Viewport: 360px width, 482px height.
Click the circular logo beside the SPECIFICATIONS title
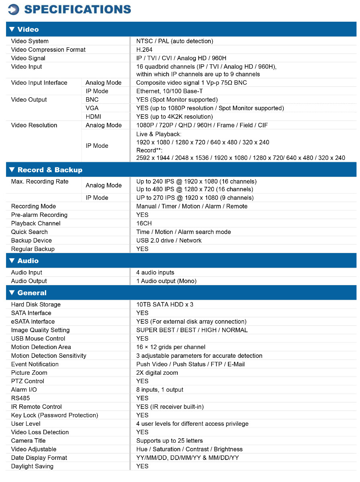(x=13, y=9)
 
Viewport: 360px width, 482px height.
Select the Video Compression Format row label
(x=48, y=50)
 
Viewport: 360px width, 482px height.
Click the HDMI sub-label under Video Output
(x=93, y=116)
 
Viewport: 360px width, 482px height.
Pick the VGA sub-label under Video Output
(x=92, y=108)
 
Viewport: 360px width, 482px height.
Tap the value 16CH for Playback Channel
(x=144, y=223)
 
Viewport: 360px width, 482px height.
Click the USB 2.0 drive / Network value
(x=169, y=240)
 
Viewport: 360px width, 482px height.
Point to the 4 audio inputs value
(x=155, y=272)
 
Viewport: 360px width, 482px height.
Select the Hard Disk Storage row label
(x=36, y=304)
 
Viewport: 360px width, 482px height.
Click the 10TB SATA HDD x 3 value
(x=165, y=304)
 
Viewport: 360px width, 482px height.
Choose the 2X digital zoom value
(x=157, y=372)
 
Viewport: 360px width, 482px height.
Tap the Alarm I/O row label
(x=24, y=390)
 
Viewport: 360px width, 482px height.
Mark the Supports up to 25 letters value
(x=169, y=441)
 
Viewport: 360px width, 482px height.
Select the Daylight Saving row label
(x=32, y=466)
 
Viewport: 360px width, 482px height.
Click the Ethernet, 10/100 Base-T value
(x=169, y=91)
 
